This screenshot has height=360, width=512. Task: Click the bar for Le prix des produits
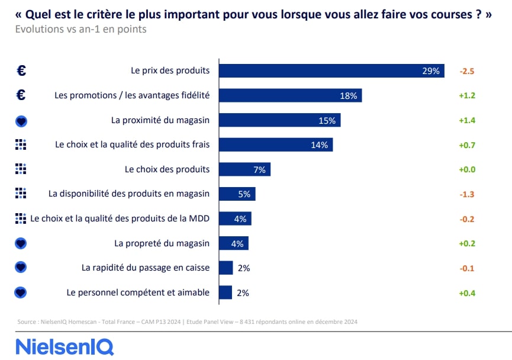(331, 70)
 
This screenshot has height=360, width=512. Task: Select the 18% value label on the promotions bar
(348, 95)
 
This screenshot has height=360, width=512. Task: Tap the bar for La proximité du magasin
(279, 120)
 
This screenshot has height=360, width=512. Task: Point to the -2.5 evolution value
(467, 71)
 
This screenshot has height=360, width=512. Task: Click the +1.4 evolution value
(467, 120)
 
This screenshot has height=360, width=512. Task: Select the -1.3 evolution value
(467, 194)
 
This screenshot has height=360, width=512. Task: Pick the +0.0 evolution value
(467, 169)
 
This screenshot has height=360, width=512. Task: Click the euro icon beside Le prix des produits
(21, 70)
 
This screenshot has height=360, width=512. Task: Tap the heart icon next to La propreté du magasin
(21, 243)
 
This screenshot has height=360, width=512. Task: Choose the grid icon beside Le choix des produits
(21, 169)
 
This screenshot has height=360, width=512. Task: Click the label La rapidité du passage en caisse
(146, 268)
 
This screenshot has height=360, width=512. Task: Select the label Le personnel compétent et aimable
(138, 292)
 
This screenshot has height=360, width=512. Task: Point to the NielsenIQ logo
(65, 346)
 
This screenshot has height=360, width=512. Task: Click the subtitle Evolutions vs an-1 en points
(80, 29)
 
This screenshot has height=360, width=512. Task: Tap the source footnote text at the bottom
(187, 322)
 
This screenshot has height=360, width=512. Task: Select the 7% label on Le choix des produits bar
(259, 170)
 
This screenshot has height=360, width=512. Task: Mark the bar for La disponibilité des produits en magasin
(237, 194)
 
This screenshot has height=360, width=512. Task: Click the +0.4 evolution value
(467, 293)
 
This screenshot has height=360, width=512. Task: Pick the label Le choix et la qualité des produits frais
(132, 144)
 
